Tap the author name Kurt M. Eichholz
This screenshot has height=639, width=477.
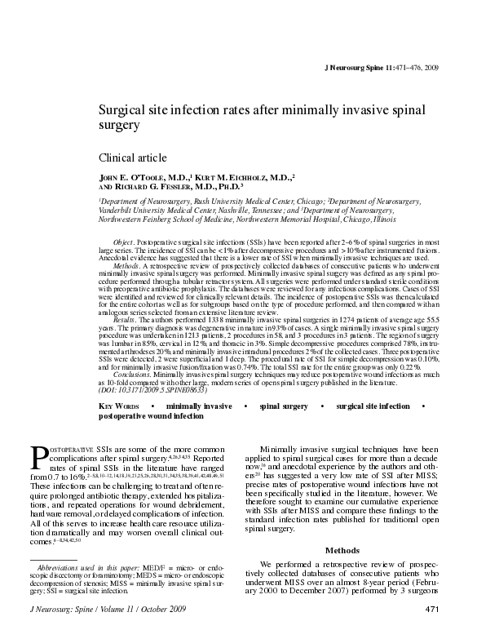(244, 175)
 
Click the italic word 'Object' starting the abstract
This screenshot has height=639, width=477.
(124, 243)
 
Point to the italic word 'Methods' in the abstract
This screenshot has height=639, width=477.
(126, 265)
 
